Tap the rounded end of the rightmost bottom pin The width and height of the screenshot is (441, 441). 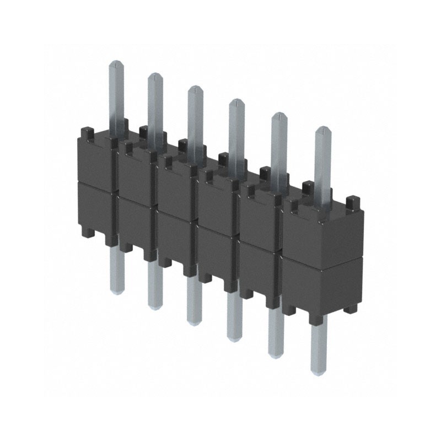point(319,370)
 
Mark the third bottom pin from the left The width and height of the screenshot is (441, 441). point(193,320)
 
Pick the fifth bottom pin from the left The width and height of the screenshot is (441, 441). point(275,350)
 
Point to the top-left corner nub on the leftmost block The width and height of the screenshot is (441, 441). point(86,132)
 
